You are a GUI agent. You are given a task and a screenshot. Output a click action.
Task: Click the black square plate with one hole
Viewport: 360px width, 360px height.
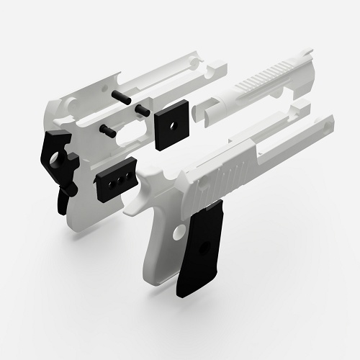point(171,127)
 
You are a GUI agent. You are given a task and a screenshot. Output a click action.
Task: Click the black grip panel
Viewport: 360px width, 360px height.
point(201,249)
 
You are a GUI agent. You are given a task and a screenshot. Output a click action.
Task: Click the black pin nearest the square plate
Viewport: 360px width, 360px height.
point(142,109)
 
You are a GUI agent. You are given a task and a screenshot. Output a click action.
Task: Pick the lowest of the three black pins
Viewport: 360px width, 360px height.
point(109,130)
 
